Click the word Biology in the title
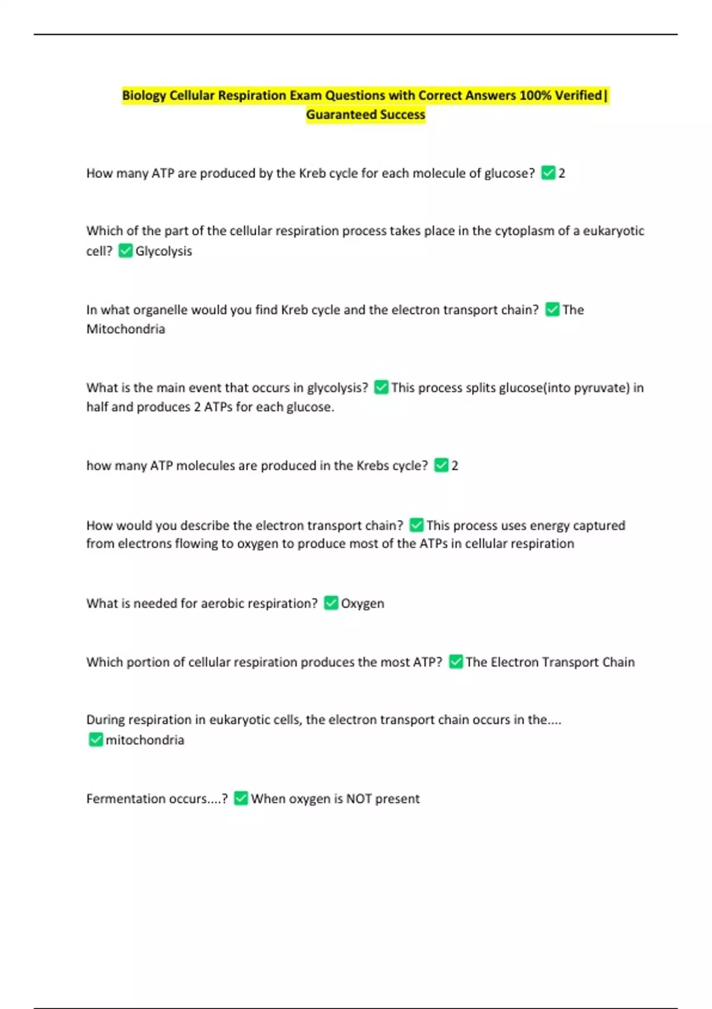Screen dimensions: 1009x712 pos(144,96)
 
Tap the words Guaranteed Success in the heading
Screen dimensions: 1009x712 pos(365,115)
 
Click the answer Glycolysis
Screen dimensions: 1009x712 pos(164,251)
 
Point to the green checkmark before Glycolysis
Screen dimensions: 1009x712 pos(125,250)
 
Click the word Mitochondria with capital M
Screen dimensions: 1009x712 pos(126,329)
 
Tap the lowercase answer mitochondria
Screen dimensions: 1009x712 pos(145,740)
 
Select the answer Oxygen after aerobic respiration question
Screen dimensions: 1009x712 pos(363,604)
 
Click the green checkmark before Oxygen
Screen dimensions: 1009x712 pos(331,603)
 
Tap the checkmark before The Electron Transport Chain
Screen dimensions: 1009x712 pos(456,662)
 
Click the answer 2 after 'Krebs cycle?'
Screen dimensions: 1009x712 pos(455,466)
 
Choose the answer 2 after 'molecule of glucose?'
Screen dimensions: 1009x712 pos(562,173)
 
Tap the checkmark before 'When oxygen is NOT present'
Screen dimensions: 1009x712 pos(241,798)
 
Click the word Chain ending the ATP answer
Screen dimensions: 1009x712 pos(618,662)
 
